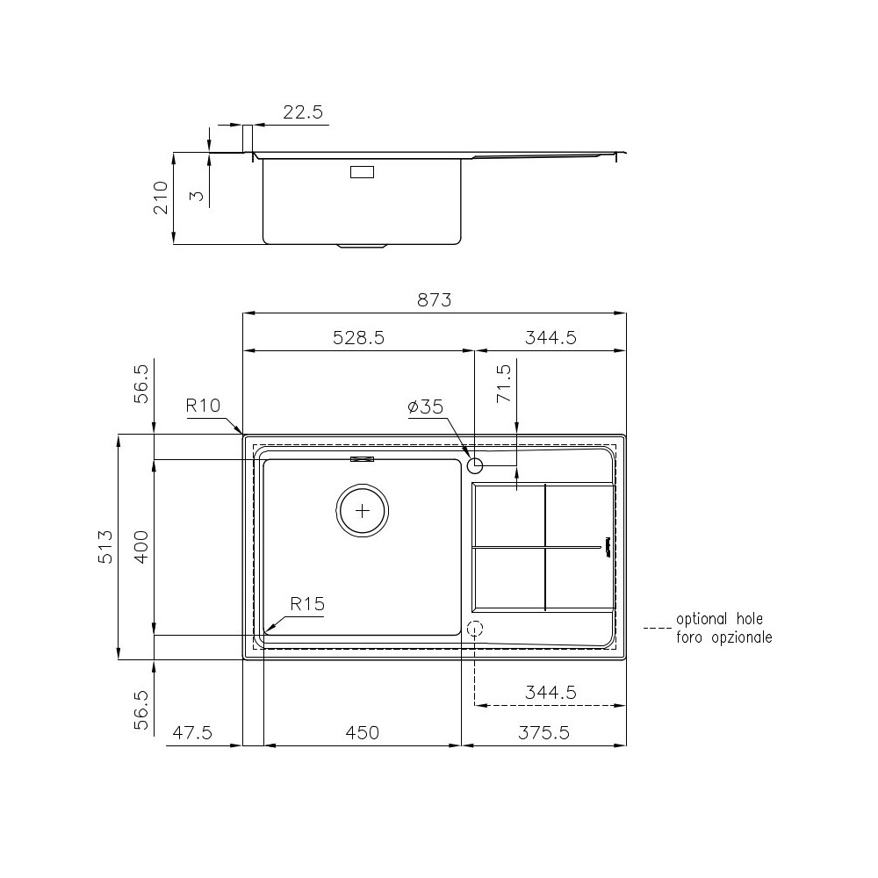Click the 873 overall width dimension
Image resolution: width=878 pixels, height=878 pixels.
434,300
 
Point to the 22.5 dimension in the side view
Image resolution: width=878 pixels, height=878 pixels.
303,112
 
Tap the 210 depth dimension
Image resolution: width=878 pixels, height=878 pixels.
162,198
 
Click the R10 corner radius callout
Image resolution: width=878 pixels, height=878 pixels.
202,407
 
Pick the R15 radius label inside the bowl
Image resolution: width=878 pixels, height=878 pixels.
307,604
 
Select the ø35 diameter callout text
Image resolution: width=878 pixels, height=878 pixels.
426,407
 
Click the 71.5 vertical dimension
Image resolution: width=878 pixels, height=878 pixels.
503,385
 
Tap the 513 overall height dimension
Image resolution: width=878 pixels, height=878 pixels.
105,546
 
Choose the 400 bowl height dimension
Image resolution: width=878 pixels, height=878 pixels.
141,546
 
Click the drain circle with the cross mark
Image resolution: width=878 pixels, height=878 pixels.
363,510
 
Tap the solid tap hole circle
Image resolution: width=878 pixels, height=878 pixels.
475,465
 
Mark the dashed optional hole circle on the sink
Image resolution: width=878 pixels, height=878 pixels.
475,629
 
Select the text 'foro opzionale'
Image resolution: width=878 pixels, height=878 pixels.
723,637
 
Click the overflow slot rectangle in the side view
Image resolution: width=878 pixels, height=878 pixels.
362,172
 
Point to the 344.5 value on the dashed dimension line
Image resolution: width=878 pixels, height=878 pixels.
551,692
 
